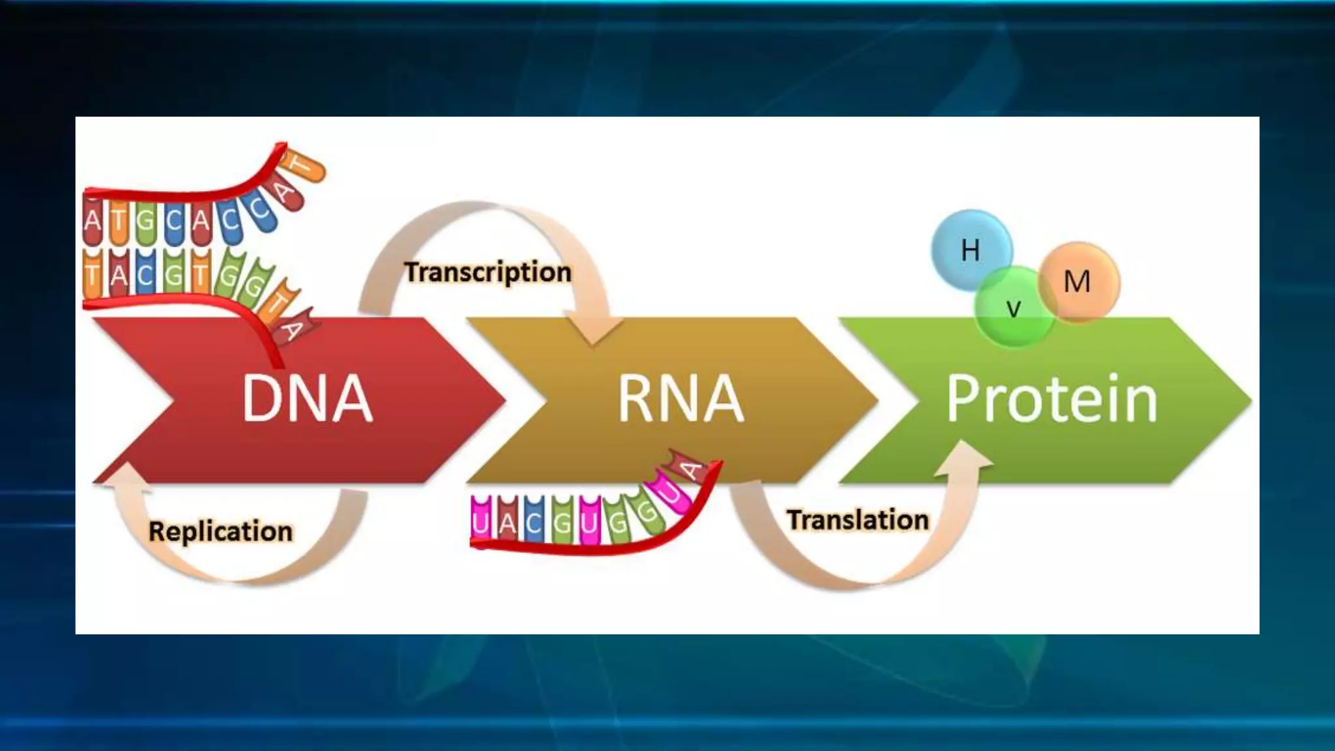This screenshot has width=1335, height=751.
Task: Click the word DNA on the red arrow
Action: coord(307,399)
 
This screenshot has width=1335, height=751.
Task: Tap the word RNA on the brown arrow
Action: coord(680,399)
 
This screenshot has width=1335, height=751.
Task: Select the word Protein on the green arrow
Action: coord(1051,399)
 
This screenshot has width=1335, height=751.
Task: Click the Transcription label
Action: coord(488,272)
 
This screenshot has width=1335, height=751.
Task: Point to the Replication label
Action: coord(220,531)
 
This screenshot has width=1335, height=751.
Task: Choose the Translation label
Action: coord(858,520)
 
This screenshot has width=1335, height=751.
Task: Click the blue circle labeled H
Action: coord(970,250)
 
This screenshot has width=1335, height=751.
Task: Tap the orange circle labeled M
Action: coord(1078,282)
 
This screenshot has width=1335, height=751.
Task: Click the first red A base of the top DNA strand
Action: coord(93,220)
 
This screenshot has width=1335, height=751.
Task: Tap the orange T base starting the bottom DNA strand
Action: coord(93,274)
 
